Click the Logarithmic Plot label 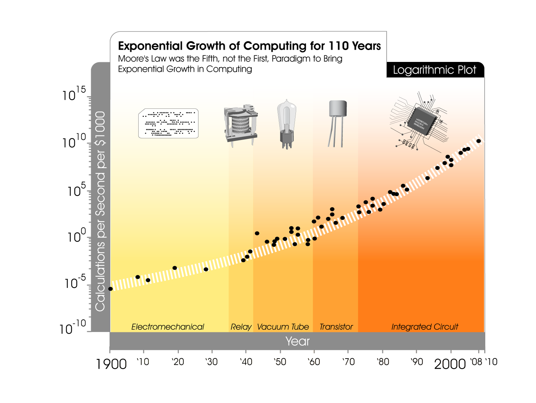coord(434,70)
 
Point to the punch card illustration coord(168,123)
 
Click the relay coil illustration coord(241,123)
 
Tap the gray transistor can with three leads coord(338,109)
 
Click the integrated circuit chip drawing coord(422,121)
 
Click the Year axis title coord(297,341)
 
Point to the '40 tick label coord(246,362)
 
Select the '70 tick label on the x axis coord(348,362)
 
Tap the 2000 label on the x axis coord(450,364)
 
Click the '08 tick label coord(476,362)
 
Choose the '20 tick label coord(178,362)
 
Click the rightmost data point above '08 coord(479,141)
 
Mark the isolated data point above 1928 coord(206,269)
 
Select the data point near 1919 coord(175,268)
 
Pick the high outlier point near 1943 coord(257,233)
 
